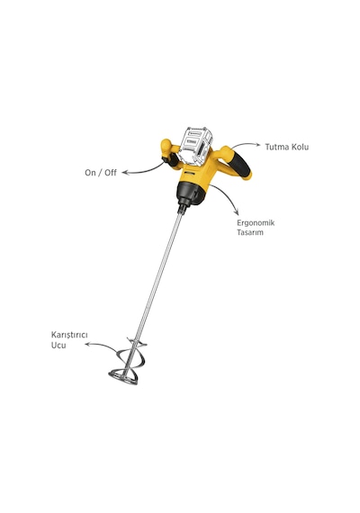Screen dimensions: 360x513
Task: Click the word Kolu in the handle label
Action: pyautogui.click(x=300, y=147)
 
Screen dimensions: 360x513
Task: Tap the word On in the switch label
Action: pyautogui.click(x=90, y=173)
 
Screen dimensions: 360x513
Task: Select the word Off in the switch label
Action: pyautogui.click(x=111, y=173)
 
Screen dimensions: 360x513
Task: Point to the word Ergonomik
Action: pyautogui.click(x=256, y=223)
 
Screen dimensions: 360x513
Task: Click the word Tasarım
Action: pyautogui.click(x=250, y=232)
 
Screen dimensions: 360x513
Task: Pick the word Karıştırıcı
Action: pyautogui.click(x=69, y=336)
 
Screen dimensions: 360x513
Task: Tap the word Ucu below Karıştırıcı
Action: pyautogui.click(x=58, y=346)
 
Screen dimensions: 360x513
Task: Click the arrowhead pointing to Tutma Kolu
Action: pyautogui.click(x=258, y=144)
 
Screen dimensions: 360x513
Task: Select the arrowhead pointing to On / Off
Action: pyautogui.click(x=125, y=172)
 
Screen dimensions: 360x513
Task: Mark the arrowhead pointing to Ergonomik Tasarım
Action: pyautogui.click(x=237, y=212)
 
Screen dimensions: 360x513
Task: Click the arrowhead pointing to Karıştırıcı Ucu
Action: pyautogui.click(x=87, y=344)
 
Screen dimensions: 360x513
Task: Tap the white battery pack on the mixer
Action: pyautogui.click(x=196, y=146)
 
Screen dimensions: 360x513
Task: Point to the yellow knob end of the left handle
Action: pyautogui.click(x=166, y=145)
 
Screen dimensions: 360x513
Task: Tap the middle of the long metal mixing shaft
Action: pyautogui.click(x=157, y=278)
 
